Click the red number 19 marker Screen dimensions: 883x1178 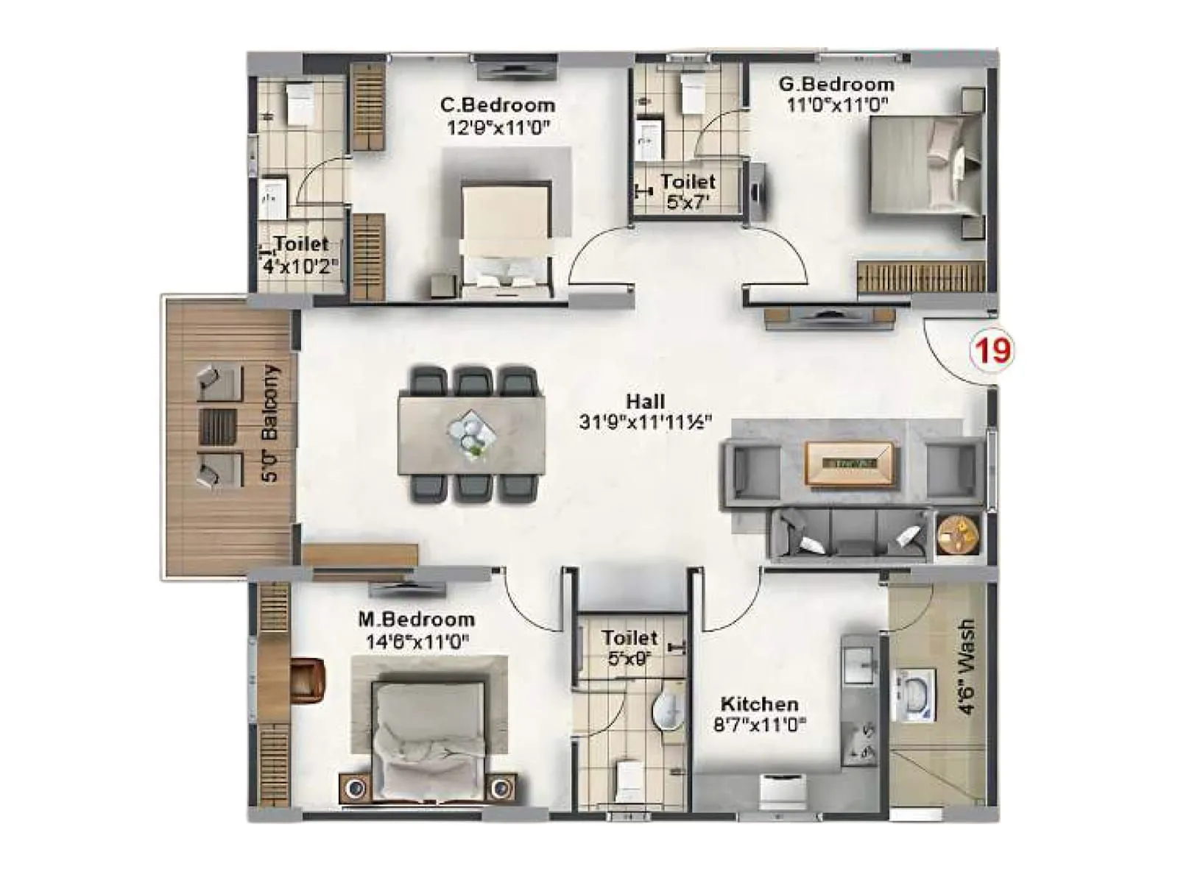coord(992,350)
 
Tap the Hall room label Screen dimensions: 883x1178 coord(646,402)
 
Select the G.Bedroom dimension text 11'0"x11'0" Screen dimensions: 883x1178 coord(837,104)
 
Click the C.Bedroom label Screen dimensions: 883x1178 coord(498,105)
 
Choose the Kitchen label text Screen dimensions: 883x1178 coord(759,704)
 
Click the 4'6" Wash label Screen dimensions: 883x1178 coord(966,666)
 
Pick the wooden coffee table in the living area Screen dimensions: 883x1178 coord(849,464)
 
